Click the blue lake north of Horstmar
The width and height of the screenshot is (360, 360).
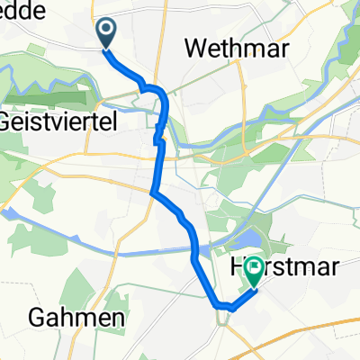click(246, 239)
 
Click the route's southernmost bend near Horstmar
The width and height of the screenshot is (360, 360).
click(221, 307)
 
